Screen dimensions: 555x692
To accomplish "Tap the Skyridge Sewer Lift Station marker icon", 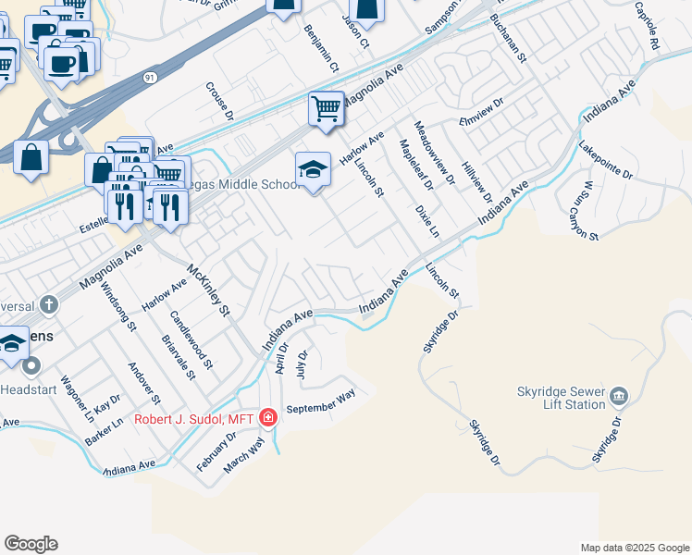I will (x=619, y=399).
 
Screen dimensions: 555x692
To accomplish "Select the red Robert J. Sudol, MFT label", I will (x=195, y=419).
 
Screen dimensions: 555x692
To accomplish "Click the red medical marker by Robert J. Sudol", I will (x=267, y=418).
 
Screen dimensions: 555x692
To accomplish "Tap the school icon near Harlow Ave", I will (x=314, y=170).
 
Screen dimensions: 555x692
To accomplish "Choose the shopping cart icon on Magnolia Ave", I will (x=327, y=109).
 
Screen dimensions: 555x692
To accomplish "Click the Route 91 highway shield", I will (x=149, y=80).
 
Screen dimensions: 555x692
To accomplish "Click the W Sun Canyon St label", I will (x=588, y=211).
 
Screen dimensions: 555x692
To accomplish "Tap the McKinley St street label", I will (x=208, y=290).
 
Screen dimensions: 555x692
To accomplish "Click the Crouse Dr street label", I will (x=219, y=101).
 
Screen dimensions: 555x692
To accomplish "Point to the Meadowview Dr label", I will (x=435, y=153).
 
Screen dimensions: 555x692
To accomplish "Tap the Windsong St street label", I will (x=119, y=307).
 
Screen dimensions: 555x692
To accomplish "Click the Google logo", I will (x=31, y=544).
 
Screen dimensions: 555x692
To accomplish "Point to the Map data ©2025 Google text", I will (x=634, y=548).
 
